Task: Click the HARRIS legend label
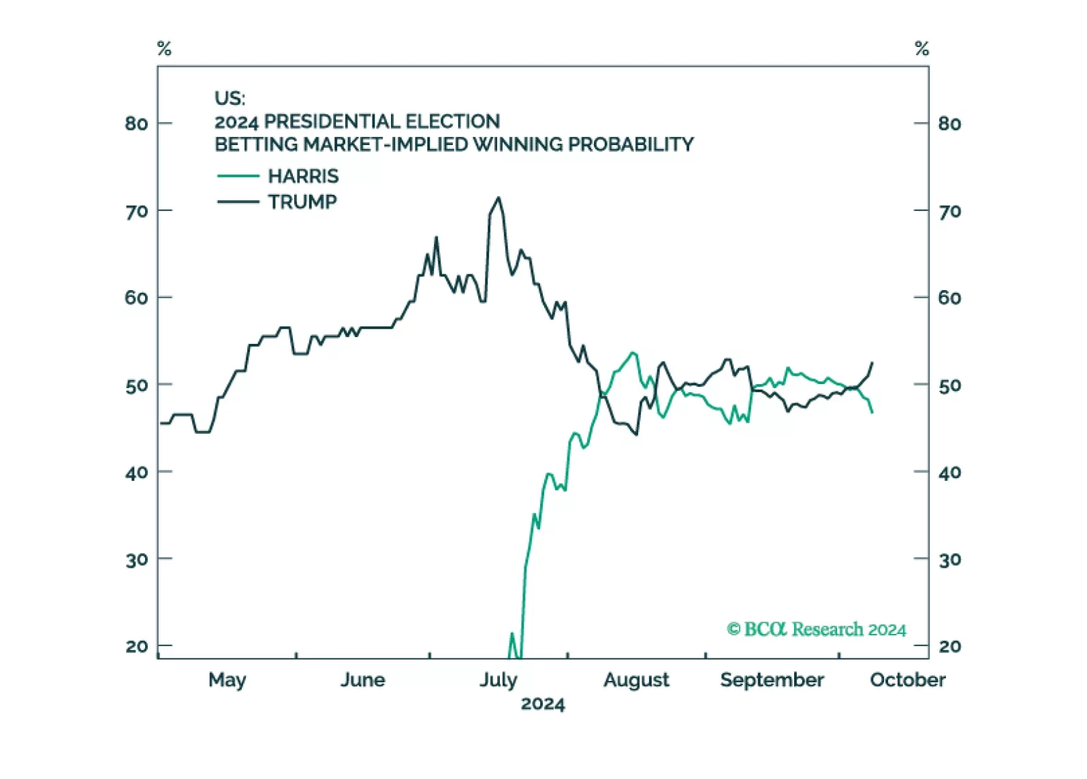303,176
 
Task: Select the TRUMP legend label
302,202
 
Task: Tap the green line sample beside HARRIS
238,176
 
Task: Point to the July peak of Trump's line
499,198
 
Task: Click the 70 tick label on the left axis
136,212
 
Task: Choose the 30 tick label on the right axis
949,560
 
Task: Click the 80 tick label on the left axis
136,124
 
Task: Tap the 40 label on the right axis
949,473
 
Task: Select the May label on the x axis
227,680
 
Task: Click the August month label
636,680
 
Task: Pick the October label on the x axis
907,680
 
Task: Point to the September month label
772,680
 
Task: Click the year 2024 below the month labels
543,704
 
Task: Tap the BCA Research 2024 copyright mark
816,629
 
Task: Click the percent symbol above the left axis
164,49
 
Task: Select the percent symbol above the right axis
921,49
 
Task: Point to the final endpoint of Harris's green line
872,412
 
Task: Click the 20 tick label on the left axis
136,646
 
